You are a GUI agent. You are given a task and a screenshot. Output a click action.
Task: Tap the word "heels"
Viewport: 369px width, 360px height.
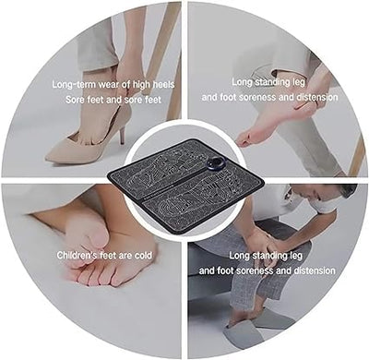coord(156,83)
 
